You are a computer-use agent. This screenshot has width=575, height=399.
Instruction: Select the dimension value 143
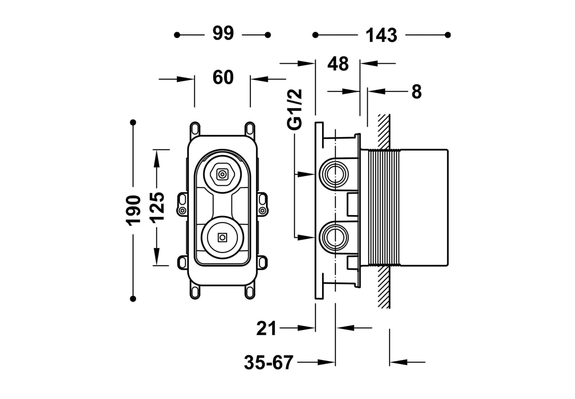click(381, 35)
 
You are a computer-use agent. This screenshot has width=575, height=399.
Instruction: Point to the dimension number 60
click(223, 77)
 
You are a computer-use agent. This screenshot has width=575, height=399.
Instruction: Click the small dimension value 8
click(416, 91)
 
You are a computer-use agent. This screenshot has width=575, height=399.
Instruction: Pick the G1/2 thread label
click(295, 110)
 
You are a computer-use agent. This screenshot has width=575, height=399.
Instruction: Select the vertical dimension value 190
click(133, 211)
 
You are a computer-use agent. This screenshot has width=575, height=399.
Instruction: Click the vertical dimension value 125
click(157, 208)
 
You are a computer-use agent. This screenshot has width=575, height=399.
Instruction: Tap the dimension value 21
click(266, 328)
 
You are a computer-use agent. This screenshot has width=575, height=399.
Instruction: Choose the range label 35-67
click(268, 363)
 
